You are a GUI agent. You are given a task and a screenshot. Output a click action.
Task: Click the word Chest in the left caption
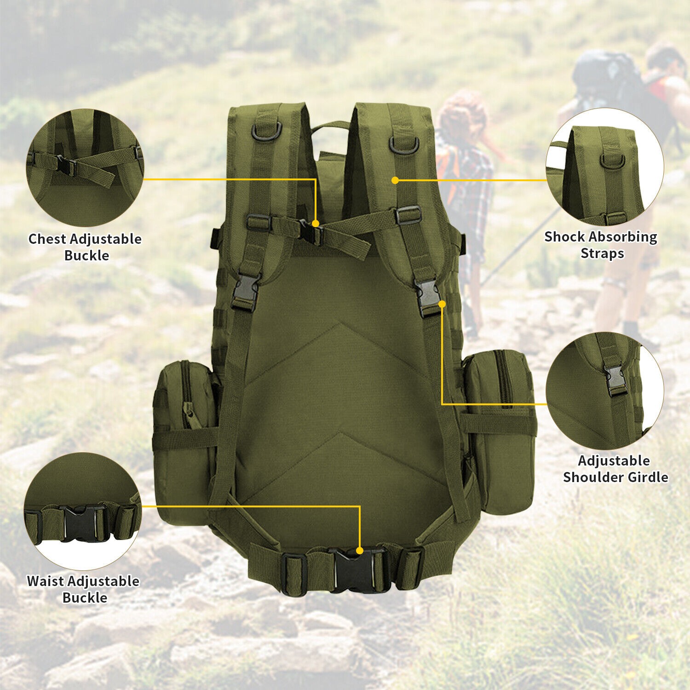coord(48,239)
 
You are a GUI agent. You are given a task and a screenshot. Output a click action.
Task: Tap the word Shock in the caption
coord(564,237)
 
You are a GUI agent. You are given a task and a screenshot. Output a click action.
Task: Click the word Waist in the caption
coord(45,581)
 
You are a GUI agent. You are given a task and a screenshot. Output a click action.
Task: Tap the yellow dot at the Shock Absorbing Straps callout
coord(395,180)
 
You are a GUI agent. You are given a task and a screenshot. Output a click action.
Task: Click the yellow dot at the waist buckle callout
coord(360,550)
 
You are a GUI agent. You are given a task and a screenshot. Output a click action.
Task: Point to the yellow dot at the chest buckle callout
coord(316,224)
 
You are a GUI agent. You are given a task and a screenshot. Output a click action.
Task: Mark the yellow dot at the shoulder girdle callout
coord(442,304)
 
